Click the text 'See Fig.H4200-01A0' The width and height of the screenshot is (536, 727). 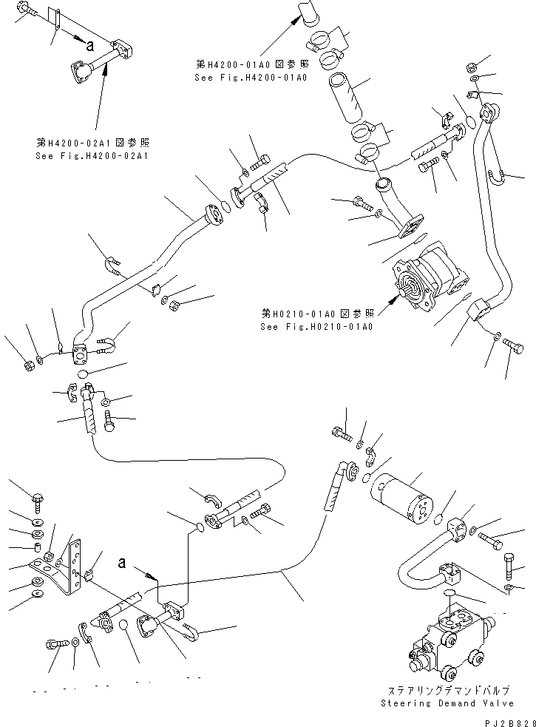click(251, 76)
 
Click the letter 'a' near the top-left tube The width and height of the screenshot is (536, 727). click(89, 45)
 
